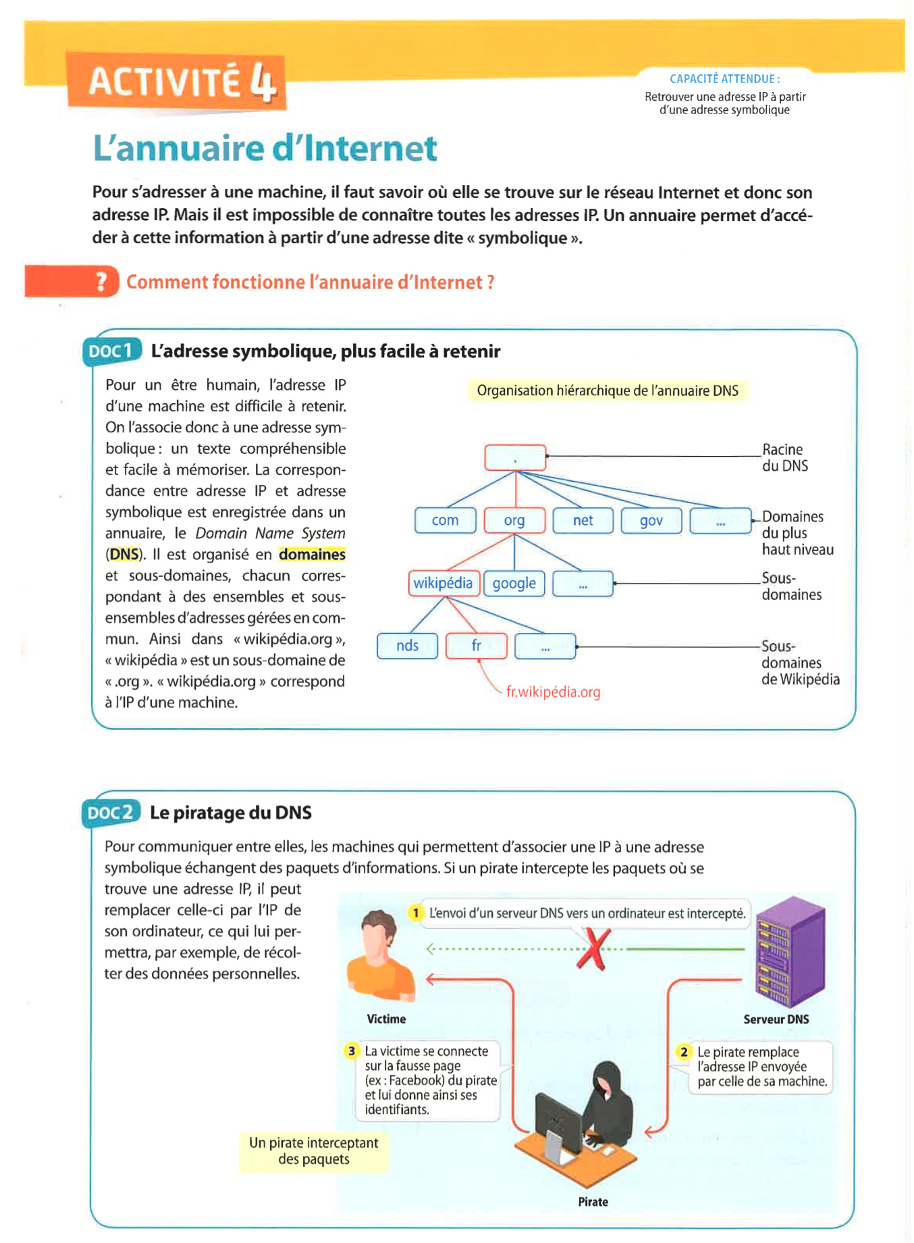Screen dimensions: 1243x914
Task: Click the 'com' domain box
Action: pyautogui.click(x=445, y=521)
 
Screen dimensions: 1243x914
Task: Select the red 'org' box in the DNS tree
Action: pyautogui.click(x=514, y=521)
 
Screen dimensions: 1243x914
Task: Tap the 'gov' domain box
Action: pyautogui.click(x=651, y=521)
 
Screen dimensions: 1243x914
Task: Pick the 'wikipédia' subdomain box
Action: pyautogui.click(x=443, y=584)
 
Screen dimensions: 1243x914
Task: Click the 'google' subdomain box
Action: pyautogui.click(x=514, y=584)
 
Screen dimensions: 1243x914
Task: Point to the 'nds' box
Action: pyautogui.click(x=407, y=646)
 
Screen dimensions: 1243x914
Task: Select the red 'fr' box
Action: pyautogui.click(x=477, y=646)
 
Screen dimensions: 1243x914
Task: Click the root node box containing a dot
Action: pyautogui.click(x=515, y=457)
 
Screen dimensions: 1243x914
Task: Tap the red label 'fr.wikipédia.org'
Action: pyautogui.click(x=553, y=692)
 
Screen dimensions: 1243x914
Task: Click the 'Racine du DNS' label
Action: pyautogui.click(x=784, y=457)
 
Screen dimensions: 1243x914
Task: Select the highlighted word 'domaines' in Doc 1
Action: pyautogui.click(x=312, y=555)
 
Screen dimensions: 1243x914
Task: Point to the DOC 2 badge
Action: pyautogui.click(x=111, y=813)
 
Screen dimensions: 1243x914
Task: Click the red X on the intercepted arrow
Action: pyautogui.click(x=593, y=948)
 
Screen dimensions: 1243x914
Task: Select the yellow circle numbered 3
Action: pyautogui.click(x=352, y=1051)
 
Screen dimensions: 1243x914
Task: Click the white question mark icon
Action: pyautogui.click(x=101, y=281)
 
